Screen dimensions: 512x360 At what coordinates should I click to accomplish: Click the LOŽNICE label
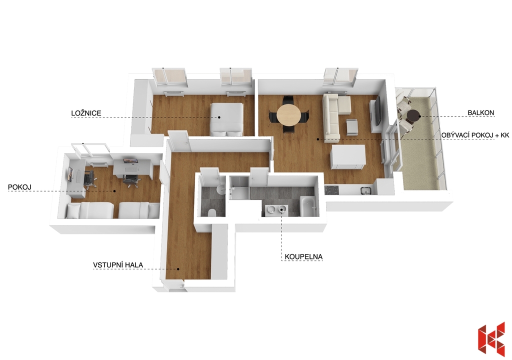[x=86, y=113]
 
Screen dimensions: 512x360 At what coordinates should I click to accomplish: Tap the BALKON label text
[x=480, y=112]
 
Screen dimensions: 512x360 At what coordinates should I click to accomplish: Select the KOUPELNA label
[x=303, y=257]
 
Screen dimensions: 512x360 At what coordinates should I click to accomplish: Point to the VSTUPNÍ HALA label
[x=118, y=265]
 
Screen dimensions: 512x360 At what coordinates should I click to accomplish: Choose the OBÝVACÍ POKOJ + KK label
[x=475, y=135]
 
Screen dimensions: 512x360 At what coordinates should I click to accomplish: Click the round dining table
[x=288, y=114]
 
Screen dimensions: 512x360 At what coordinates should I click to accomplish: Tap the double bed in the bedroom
[x=226, y=119]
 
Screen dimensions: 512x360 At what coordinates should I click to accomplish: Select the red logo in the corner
[x=491, y=339]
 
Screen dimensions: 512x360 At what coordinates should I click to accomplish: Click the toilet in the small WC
[x=211, y=212]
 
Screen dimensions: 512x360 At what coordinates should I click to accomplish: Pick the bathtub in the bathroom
[x=308, y=206]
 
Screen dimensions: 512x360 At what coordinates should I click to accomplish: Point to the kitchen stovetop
[x=332, y=189]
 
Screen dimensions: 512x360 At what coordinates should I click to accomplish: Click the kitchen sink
[x=365, y=189]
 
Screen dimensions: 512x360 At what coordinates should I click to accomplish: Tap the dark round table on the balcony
[x=413, y=116]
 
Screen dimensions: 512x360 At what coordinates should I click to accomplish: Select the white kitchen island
[x=348, y=157]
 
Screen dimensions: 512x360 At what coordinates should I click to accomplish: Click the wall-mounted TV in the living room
[x=378, y=110]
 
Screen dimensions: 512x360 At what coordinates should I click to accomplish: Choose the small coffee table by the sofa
[x=351, y=127]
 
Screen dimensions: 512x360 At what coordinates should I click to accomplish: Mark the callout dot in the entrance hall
[x=178, y=269]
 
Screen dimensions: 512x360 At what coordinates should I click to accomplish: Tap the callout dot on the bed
[x=219, y=117]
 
